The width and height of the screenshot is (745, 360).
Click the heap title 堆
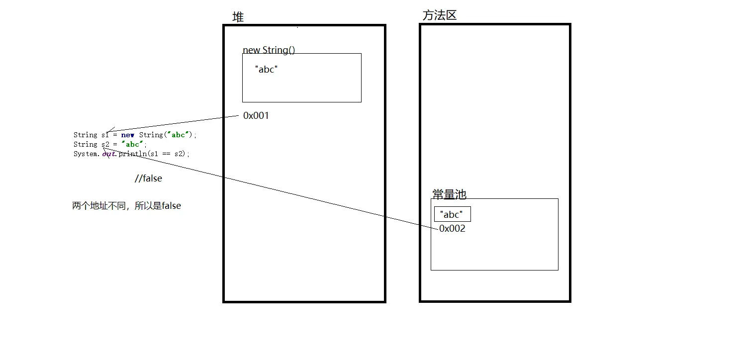(238, 17)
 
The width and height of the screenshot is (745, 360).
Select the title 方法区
(439, 15)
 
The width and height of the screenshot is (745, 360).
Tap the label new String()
(269, 50)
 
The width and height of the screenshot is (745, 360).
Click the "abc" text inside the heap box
(266, 70)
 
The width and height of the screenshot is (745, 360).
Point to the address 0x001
(256, 116)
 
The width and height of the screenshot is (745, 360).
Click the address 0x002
(452, 229)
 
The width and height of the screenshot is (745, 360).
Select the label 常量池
(449, 194)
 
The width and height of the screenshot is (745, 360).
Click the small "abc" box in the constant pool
(452, 214)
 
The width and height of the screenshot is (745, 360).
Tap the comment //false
(148, 179)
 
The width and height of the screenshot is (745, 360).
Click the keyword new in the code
(127, 135)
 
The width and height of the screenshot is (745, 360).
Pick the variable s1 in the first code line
(105, 135)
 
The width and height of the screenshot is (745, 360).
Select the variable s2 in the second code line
(105, 145)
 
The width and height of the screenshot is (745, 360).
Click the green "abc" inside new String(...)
(178, 135)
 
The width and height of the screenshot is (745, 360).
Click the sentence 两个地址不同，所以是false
(126, 206)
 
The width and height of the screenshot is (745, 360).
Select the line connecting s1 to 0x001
(174, 124)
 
